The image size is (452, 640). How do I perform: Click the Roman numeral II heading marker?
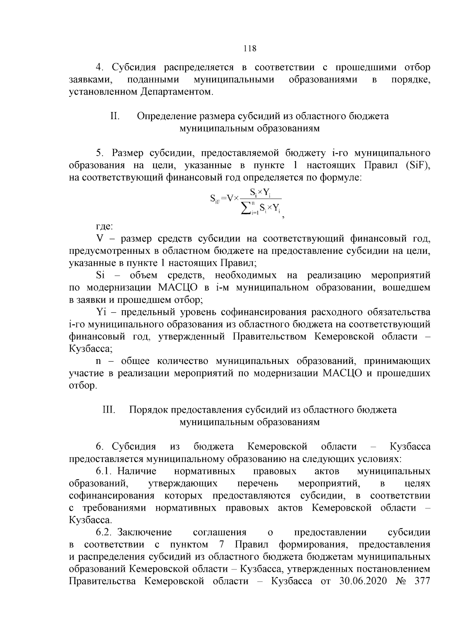click(x=115, y=116)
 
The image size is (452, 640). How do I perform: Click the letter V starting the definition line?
click(x=100, y=239)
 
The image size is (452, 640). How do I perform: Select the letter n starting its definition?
click(x=99, y=361)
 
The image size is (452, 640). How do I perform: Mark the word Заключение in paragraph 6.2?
click(x=145, y=532)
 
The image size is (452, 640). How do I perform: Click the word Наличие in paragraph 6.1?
click(x=137, y=471)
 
